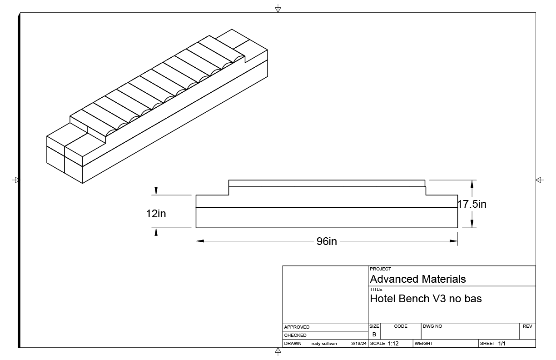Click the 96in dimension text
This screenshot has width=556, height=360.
[327, 241]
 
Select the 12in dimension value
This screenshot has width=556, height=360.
[156, 213]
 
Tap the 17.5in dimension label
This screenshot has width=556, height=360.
[472, 204]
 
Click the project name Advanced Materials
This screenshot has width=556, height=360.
[418, 279]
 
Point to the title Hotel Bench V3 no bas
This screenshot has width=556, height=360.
[426, 299]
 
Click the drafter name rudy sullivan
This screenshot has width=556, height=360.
[324, 344]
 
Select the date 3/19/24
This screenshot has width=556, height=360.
[359, 344]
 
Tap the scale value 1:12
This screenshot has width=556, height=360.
[393, 344]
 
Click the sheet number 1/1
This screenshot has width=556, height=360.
[502, 344]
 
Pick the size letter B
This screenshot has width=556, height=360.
[374, 334]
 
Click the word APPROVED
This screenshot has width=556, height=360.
[297, 327]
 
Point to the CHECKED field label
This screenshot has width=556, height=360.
[295, 335]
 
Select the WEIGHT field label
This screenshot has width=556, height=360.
[423, 344]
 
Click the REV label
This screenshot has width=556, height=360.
[527, 326]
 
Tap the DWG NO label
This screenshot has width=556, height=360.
[432, 326]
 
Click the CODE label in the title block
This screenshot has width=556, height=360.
[401, 326]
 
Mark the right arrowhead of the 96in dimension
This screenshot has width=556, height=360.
[454, 241]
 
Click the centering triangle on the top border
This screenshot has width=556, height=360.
[278, 9]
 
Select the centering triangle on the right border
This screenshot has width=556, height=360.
[539, 180]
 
